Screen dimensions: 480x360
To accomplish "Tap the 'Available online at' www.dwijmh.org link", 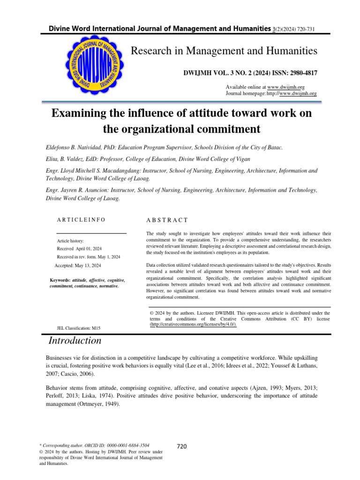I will click(x=286, y=87).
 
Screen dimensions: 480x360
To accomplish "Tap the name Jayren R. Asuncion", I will click(x=93, y=191).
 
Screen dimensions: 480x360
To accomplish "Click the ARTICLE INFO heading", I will click(x=81, y=219).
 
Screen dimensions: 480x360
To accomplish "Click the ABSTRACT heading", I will click(x=167, y=219).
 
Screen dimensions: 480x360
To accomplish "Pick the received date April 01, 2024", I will click(x=89, y=248).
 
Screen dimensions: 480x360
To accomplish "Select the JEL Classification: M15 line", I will click(x=78, y=328).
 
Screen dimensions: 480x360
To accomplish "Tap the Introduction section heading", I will click(x=75, y=341).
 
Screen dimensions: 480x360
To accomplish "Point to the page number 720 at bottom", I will click(x=181, y=446).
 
